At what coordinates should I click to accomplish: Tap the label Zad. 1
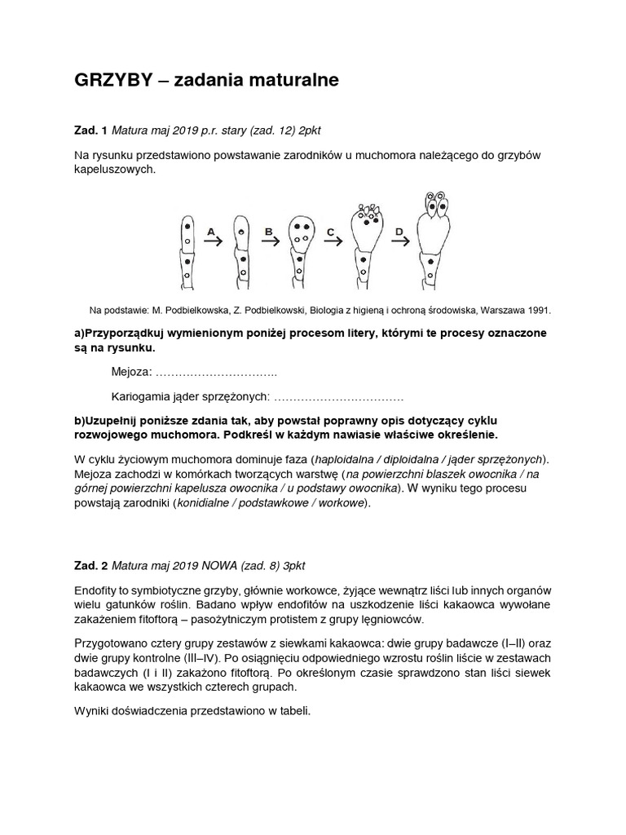point(90,130)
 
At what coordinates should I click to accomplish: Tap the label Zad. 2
point(90,564)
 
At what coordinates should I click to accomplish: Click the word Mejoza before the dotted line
point(130,373)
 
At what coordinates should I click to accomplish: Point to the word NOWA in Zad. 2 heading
point(211,564)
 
